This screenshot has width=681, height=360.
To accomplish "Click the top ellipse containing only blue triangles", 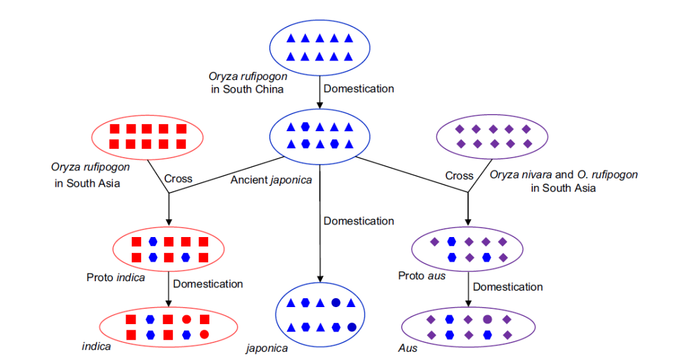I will pyautogui.click(x=320, y=47).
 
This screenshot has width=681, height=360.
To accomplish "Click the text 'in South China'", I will pyautogui.click(x=247, y=90).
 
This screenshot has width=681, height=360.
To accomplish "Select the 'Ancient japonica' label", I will pyautogui.click(x=271, y=180).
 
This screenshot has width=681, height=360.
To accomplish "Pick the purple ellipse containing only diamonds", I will pyautogui.click(x=493, y=137).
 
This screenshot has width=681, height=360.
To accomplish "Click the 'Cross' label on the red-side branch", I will pyautogui.click(x=178, y=178).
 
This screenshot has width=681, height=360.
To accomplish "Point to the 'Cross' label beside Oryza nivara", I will pyautogui.click(x=458, y=176).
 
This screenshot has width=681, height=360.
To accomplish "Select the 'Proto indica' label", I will pyautogui.click(x=115, y=277).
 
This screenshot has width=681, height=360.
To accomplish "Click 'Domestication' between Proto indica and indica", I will pyautogui.click(x=208, y=284).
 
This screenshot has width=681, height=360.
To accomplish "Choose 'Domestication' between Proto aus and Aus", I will pyautogui.click(x=508, y=287).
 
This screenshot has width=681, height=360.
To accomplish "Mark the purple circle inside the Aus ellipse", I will pyautogui.click(x=487, y=319).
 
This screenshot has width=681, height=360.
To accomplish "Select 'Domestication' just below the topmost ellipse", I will pyautogui.click(x=359, y=89).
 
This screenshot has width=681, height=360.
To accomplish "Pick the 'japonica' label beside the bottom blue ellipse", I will pyautogui.click(x=267, y=348).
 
